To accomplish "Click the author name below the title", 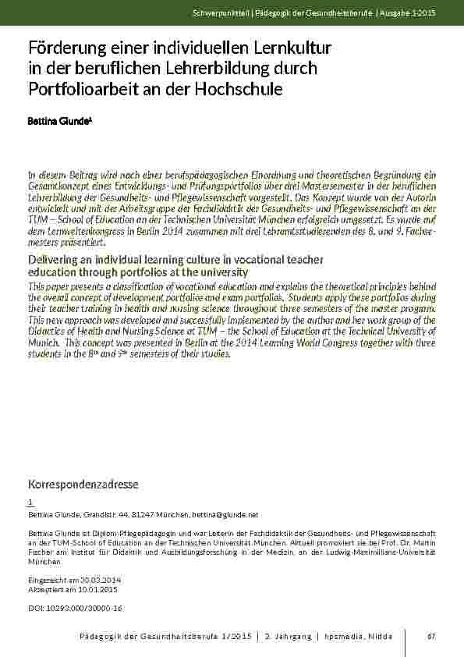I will tap(51, 123).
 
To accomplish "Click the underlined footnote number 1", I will tap(30, 503).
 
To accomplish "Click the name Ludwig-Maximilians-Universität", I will tap(384, 552).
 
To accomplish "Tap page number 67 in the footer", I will tap(431, 637).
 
